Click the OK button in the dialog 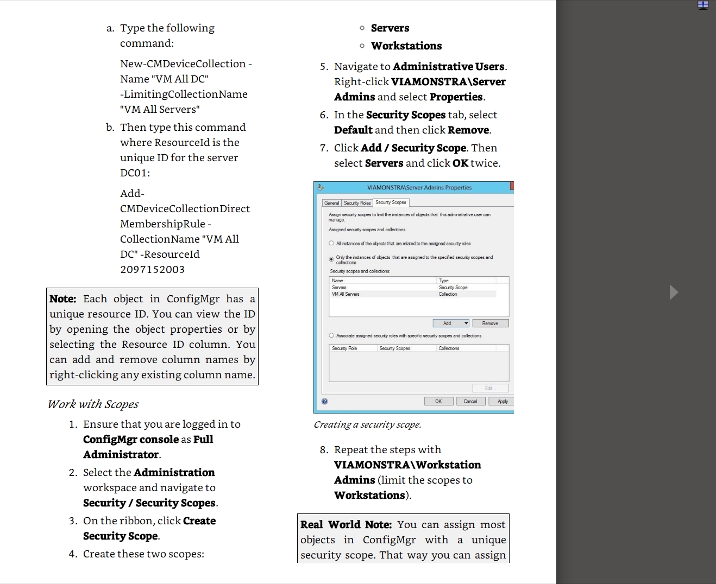(x=438, y=402)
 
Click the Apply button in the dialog (x=501, y=402)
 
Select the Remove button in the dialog (x=490, y=323)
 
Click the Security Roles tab (x=357, y=203)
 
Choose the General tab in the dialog (x=331, y=203)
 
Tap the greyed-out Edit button (x=489, y=388)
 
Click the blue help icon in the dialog (x=324, y=402)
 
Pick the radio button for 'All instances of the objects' (x=331, y=243)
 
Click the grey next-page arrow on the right (x=674, y=292)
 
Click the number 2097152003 (x=152, y=270)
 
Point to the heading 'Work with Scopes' (x=93, y=404)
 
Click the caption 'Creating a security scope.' (x=367, y=425)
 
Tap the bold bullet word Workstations (x=406, y=46)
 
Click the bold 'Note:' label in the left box (x=63, y=299)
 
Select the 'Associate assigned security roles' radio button (x=331, y=335)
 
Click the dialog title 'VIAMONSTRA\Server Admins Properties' (x=419, y=188)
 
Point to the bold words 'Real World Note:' (x=346, y=525)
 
